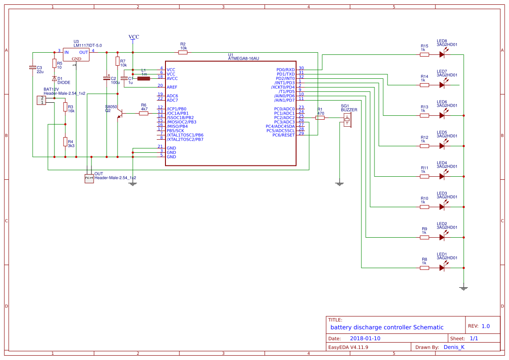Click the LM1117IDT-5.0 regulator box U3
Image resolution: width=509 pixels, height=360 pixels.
[x=76, y=55]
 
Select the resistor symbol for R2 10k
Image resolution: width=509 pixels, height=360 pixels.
[x=183, y=52]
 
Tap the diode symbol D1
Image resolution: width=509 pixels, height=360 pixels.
[x=54, y=79]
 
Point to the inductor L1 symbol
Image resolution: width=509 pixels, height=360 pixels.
[x=144, y=79]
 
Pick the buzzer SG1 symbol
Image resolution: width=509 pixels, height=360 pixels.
[x=347, y=121]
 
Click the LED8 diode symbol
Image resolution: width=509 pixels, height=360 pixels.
[x=442, y=55]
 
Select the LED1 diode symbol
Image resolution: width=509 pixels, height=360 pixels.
[x=442, y=268]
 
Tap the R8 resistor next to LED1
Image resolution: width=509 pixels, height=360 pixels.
[x=424, y=268]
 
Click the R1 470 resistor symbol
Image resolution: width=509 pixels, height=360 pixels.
[x=320, y=118]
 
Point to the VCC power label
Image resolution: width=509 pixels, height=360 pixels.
[x=134, y=37]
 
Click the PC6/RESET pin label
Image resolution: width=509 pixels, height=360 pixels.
[x=283, y=135]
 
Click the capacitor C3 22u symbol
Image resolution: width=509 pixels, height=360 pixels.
[x=33, y=67]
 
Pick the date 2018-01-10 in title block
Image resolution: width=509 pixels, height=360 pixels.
[x=365, y=338]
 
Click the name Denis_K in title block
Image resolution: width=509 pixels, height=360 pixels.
[x=454, y=347]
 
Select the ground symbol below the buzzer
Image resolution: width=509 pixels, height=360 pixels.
[x=340, y=184]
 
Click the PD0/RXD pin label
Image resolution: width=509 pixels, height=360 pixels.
[x=286, y=70]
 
